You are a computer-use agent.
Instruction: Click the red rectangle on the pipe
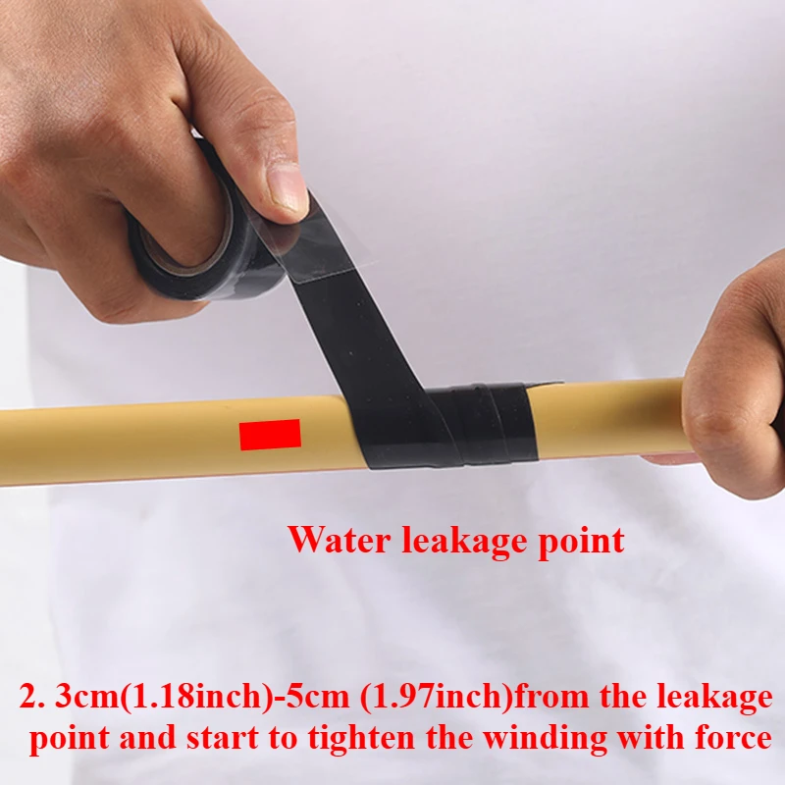pos(270,435)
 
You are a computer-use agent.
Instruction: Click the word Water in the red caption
pos(340,541)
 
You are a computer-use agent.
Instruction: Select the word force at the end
pos(733,739)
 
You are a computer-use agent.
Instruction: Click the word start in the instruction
pos(223,739)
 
